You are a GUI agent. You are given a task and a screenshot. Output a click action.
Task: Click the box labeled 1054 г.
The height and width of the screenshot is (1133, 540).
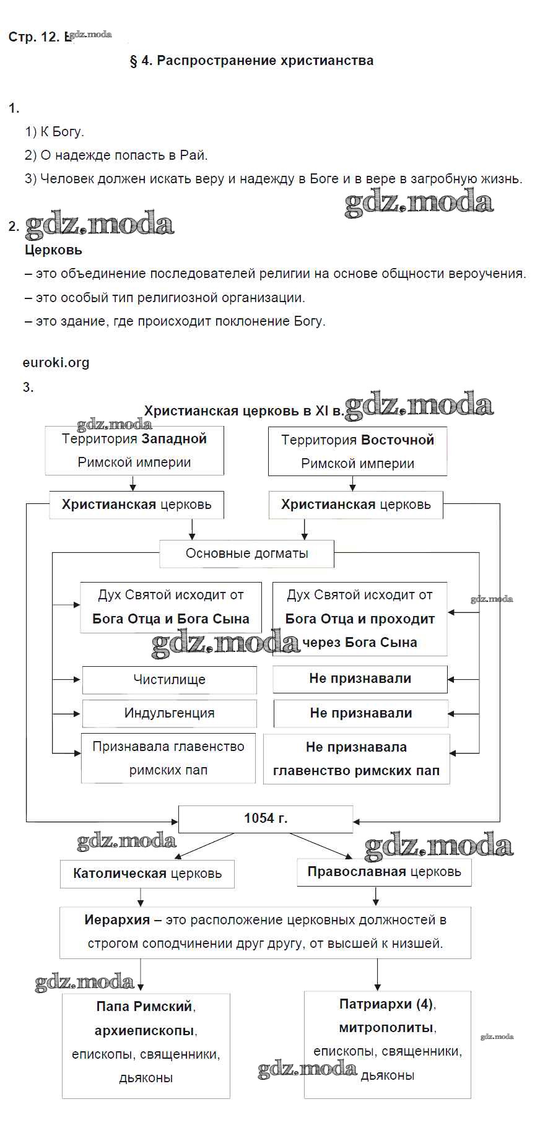click(265, 818)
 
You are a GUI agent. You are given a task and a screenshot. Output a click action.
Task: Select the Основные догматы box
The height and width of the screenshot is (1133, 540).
click(246, 553)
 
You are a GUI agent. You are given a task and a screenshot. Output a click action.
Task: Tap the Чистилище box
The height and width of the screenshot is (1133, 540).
click(169, 680)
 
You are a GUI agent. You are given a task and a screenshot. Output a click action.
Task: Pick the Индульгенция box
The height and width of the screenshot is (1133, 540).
click(169, 713)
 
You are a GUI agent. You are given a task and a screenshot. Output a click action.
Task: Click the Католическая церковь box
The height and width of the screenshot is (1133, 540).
click(147, 874)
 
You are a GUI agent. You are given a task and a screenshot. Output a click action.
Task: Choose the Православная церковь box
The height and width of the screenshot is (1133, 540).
click(384, 872)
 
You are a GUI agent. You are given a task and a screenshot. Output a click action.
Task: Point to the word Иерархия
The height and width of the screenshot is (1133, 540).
click(117, 920)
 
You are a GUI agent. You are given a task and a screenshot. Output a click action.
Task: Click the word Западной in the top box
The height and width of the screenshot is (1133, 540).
click(173, 439)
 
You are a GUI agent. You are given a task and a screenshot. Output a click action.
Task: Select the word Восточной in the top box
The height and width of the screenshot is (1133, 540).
click(398, 440)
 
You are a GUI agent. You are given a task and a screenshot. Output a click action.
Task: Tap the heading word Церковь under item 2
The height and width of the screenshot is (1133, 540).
click(53, 250)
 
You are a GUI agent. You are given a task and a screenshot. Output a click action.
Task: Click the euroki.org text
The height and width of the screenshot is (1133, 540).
click(56, 363)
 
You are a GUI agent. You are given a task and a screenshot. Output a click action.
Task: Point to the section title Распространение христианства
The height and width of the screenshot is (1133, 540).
click(264, 61)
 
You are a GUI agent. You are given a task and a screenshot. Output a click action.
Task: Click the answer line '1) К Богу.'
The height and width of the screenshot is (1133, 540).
click(54, 132)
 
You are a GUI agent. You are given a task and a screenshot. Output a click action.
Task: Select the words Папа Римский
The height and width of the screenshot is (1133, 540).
click(144, 1007)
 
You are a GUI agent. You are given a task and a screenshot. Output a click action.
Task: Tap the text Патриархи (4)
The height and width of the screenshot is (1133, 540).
click(386, 1004)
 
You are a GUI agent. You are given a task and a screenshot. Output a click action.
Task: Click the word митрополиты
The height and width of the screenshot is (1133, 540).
click(386, 1028)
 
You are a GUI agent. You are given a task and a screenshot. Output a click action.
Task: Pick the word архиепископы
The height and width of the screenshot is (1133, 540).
click(144, 1031)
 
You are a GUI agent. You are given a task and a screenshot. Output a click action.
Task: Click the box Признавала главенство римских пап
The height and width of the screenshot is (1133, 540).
click(168, 758)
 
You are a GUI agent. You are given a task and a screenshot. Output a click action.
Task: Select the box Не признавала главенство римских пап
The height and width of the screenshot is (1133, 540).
click(356, 759)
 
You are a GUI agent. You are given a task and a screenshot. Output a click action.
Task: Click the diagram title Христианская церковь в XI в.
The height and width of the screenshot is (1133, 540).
click(243, 411)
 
